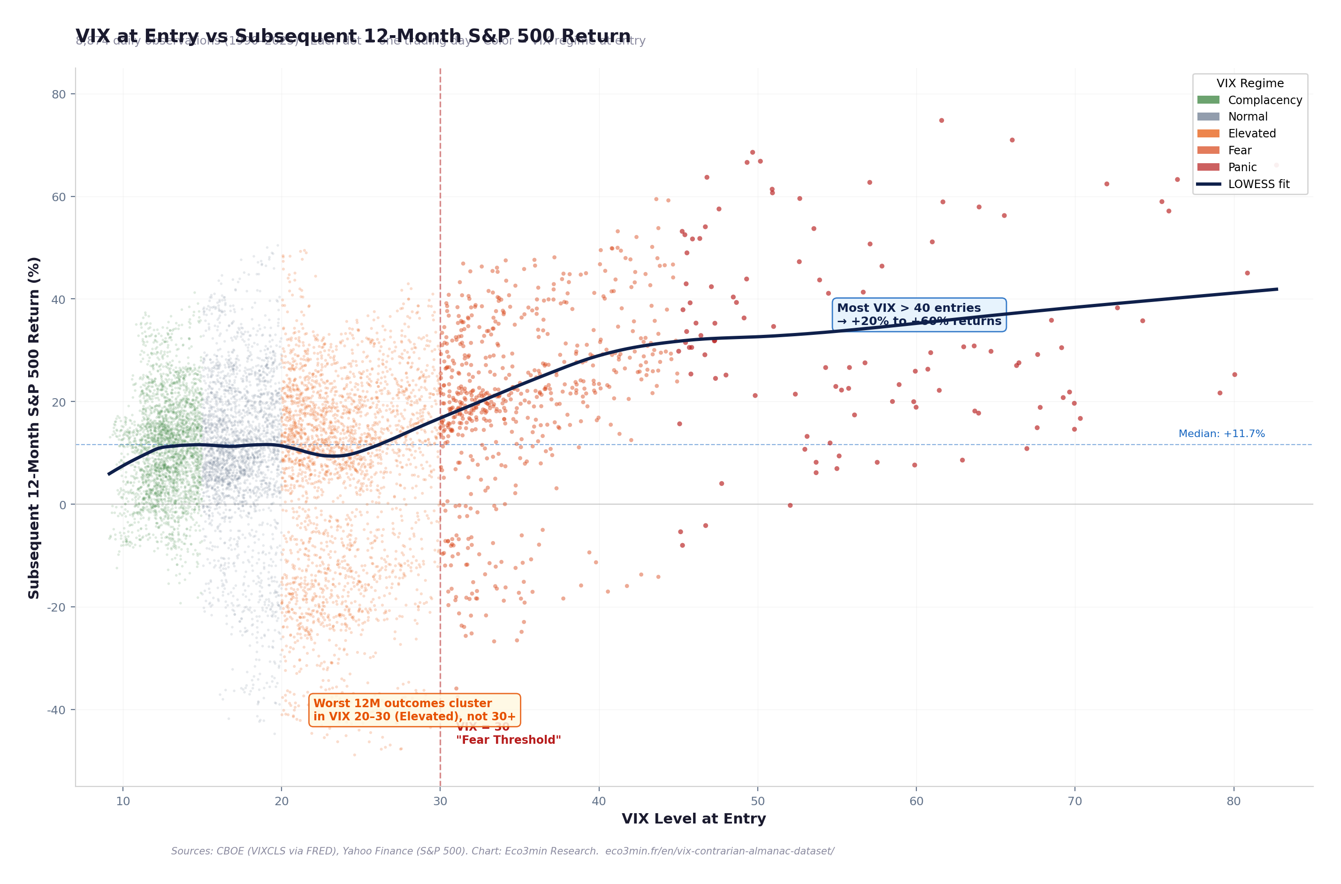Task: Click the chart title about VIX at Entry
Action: (352, 36)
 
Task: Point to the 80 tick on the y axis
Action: (59, 95)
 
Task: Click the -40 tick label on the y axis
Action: (56, 710)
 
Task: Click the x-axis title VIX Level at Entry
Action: (693, 819)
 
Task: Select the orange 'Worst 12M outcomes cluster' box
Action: (414, 710)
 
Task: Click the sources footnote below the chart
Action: (502, 851)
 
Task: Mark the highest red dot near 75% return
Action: (941, 121)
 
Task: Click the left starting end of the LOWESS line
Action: (109, 474)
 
